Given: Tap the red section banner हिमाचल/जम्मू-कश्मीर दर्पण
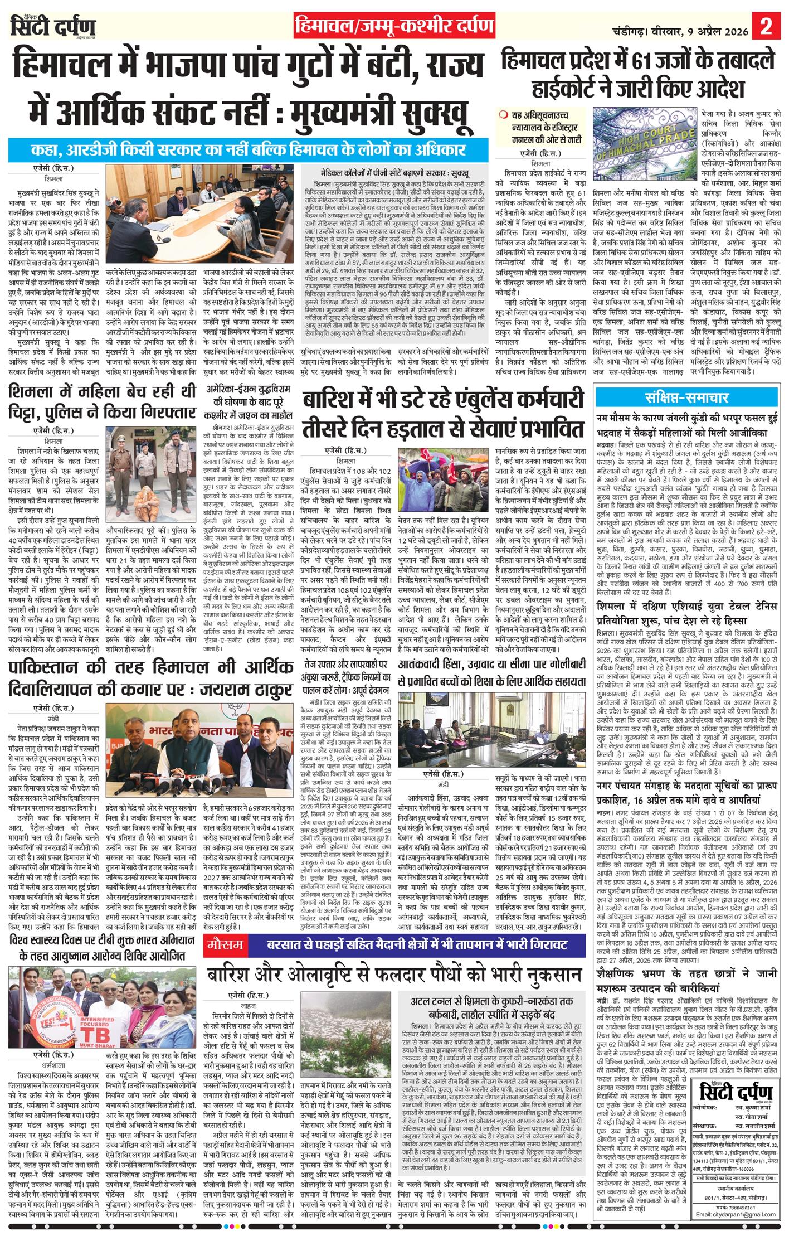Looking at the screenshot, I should click(x=394, y=26).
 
